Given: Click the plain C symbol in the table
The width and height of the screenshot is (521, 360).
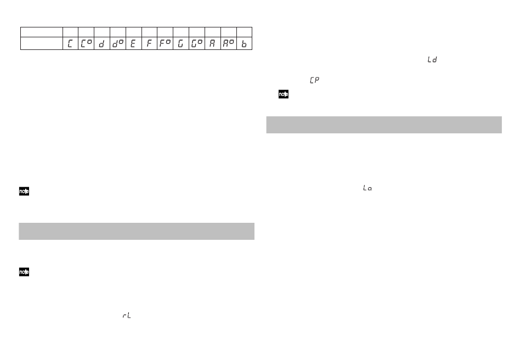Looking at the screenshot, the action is point(70,43).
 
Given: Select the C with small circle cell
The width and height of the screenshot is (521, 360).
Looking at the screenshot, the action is point(86,43).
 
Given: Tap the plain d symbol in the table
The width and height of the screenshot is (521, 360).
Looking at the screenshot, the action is point(101,43).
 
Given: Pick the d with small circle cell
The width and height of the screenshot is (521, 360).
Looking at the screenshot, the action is point(118,43).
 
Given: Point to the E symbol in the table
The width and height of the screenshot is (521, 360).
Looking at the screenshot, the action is point(133,43).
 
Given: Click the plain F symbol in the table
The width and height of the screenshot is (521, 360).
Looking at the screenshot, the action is point(149,43).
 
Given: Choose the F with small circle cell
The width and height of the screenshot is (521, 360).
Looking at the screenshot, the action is point(165,43).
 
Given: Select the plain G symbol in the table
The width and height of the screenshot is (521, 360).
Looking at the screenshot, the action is point(180,43).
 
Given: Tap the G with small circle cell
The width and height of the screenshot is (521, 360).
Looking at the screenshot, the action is point(197,43).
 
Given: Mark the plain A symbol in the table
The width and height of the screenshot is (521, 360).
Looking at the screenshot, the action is point(212,43).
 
